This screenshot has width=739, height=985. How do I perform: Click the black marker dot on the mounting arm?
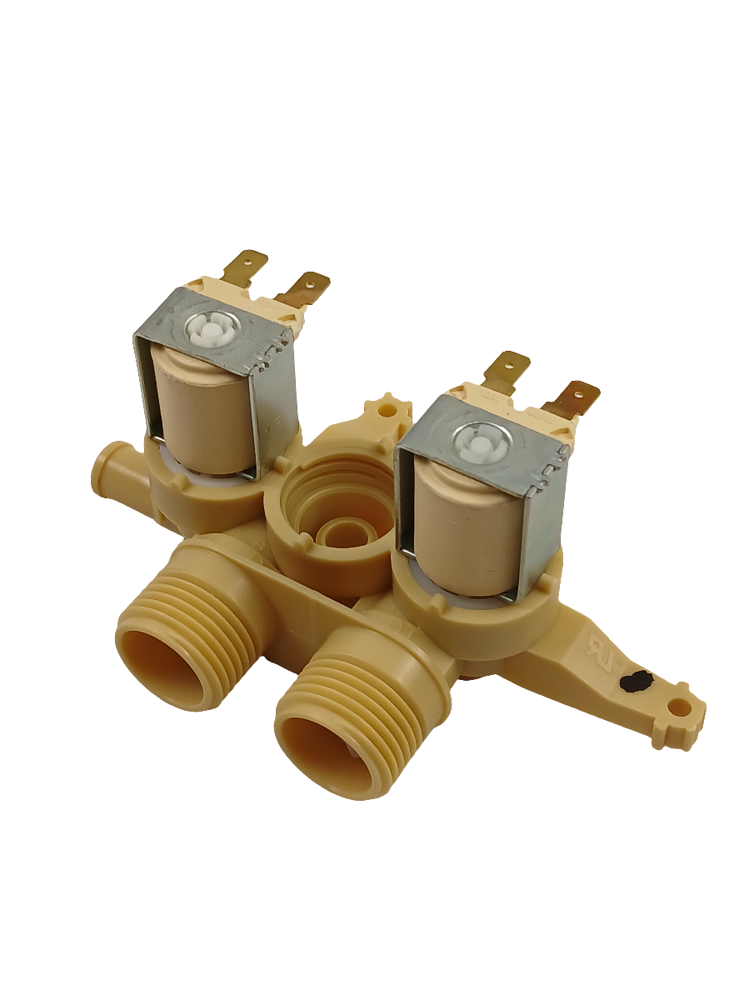click(636, 682)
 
